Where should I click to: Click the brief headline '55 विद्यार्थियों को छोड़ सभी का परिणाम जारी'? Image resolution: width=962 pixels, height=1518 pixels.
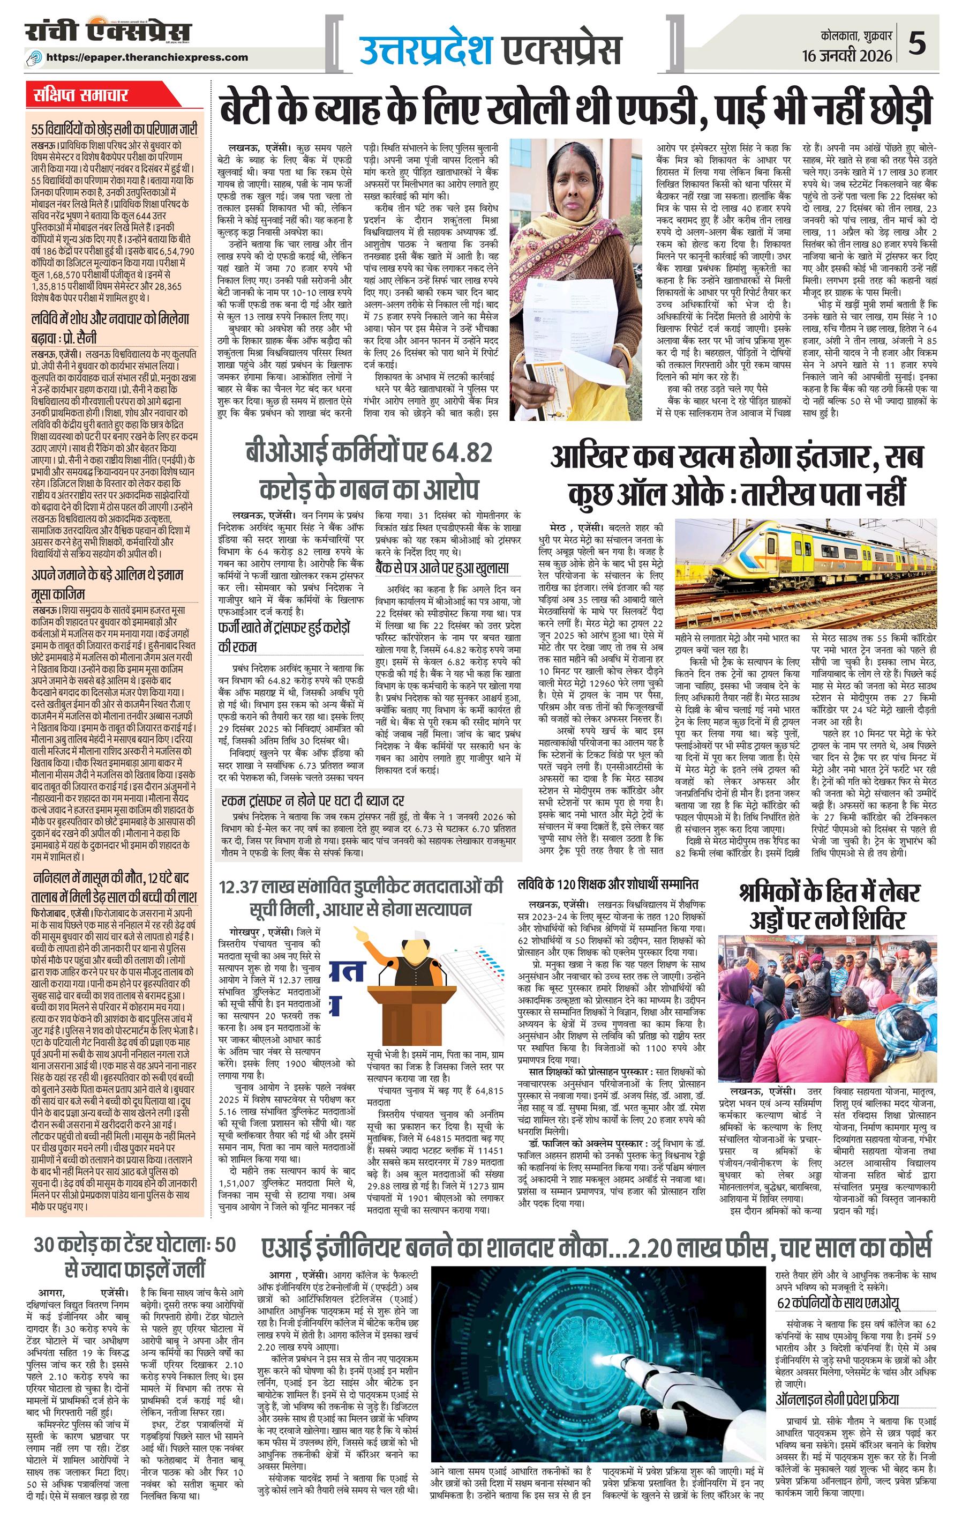click(114, 130)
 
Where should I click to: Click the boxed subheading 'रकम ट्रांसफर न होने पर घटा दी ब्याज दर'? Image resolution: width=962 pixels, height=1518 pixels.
click(312, 801)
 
